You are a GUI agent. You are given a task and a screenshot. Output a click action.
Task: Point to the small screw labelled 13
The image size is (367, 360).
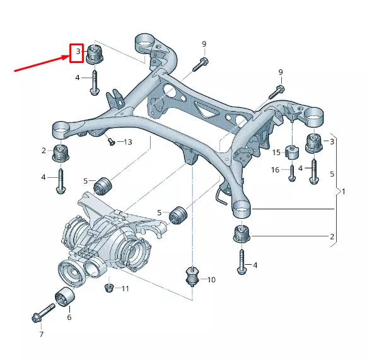[x=110, y=141]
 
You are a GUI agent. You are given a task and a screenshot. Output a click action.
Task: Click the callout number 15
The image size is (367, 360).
[x=276, y=153]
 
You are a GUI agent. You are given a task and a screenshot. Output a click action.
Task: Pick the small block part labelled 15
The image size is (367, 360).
[x=292, y=153]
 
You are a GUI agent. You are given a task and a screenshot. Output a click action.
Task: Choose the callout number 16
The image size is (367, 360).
[x=276, y=170]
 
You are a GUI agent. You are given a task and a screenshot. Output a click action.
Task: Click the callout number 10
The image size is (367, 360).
[x=211, y=279]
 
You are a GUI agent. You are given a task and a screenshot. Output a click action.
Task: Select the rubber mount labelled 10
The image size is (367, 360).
[x=192, y=276]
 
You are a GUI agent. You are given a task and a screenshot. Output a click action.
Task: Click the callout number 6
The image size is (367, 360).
[x=69, y=317]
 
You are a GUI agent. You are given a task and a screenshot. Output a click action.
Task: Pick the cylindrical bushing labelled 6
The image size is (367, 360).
[x=64, y=296]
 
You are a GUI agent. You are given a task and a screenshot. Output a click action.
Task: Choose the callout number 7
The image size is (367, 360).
[x=41, y=334]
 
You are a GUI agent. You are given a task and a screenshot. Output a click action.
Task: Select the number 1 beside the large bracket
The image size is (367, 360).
[x=344, y=190]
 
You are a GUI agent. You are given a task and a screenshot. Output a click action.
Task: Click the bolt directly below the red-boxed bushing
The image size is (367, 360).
[x=94, y=82]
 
